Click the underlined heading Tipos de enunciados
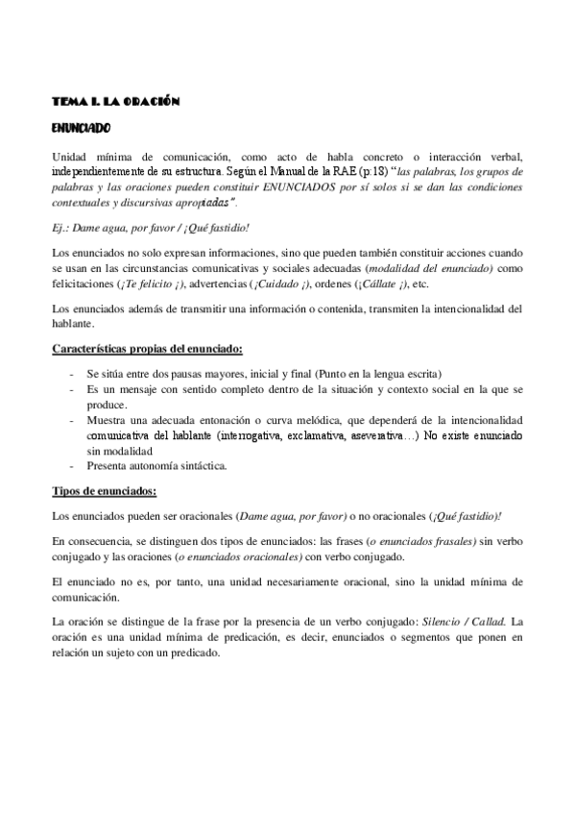(x=104, y=492)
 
